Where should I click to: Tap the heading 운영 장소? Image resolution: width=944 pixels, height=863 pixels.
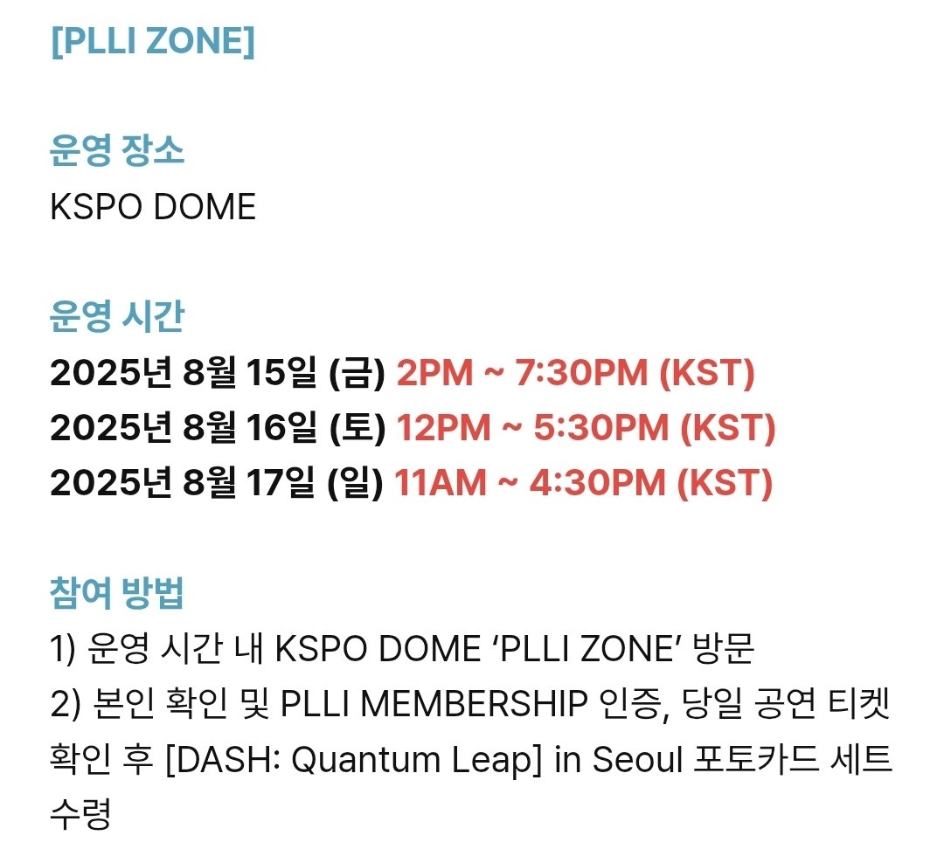[x=117, y=153]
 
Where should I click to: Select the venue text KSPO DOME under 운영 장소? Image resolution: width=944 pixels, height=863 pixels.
[x=153, y=208]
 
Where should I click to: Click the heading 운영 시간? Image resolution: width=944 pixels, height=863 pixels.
[x=117, y=318]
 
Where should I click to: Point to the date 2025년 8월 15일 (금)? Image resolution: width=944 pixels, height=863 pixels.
[x=218, y=374]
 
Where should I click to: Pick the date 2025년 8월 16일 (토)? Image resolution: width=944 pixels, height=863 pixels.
[x=218, y=428]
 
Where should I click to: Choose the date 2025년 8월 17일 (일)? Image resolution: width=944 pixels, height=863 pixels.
[x=218, y=483]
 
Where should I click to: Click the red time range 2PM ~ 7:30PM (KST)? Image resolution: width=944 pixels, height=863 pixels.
[x=575, y=374]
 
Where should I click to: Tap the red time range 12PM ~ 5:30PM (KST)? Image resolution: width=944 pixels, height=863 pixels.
[x=586, y=428]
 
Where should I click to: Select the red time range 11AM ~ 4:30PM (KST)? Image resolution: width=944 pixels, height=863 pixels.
[x=583, y=483]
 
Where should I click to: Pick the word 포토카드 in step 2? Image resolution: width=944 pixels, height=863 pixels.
[x=748, y=760]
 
